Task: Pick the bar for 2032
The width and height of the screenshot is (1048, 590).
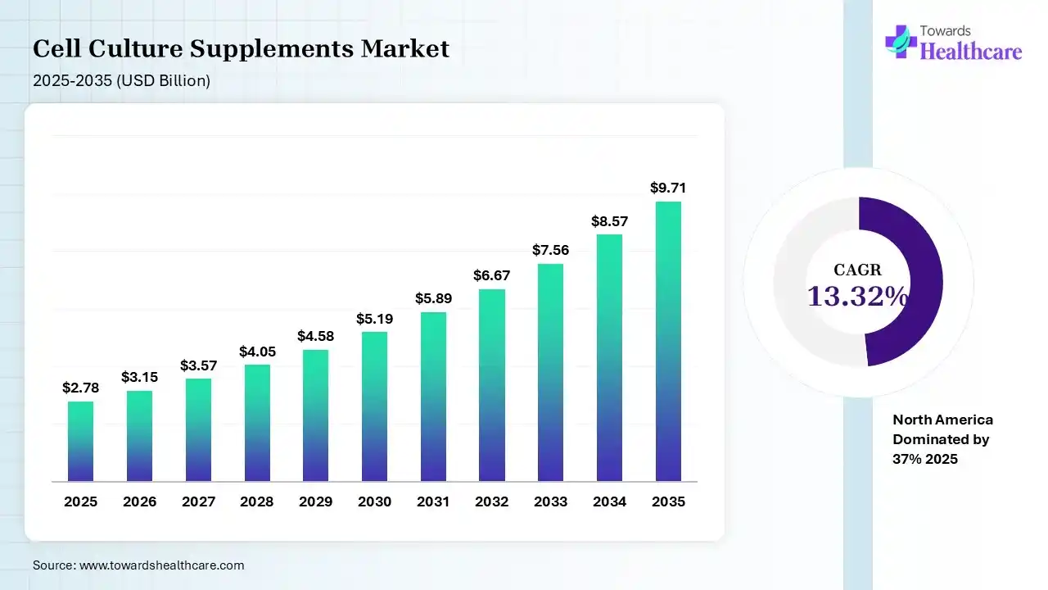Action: click(x=491, y=385)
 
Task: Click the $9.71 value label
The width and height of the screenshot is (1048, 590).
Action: click(x=668, y=188)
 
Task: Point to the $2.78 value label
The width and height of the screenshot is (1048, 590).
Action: click(x=80, y=388)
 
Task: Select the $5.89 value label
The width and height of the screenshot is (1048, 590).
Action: click(x=433, y=298)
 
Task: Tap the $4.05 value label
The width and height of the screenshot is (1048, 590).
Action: click(x=256, y=351)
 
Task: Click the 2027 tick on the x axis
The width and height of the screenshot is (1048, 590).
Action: click(x=198, y=501)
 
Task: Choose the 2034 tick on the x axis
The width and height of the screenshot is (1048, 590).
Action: click(x=609, y=501)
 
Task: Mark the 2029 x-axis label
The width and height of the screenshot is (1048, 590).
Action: click(x=315, y=501)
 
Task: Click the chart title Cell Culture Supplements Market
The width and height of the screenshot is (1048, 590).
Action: click(x=241, y=49)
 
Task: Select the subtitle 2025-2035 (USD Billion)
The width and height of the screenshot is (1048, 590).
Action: click(x=121, y=80)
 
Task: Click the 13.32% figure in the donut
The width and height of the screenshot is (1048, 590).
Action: click(x=858, y=296)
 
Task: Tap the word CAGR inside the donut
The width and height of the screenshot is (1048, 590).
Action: click(x=858, y=270)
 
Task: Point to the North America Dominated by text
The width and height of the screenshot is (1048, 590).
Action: click(x=942, y=429)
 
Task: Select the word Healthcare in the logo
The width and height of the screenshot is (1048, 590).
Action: click(x=971, y=52)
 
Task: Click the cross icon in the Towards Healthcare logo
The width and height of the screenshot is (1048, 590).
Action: click(x=901, y=41)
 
